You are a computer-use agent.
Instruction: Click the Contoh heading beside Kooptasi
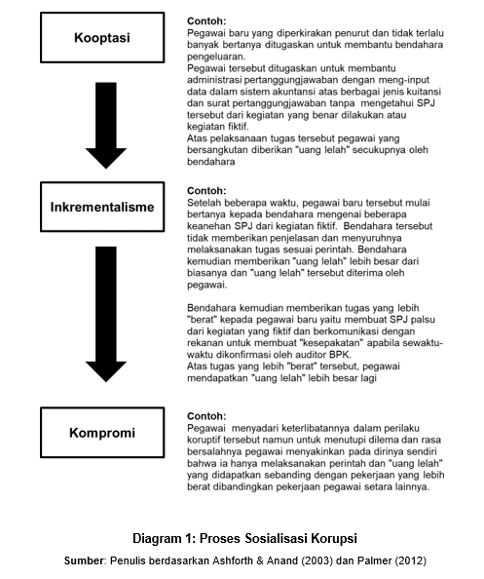tap(205, 20)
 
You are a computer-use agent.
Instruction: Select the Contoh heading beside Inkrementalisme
tap(205, 191)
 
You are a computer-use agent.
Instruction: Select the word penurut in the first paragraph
tap(365, 32)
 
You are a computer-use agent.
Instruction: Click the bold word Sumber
tap(85, 560)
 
